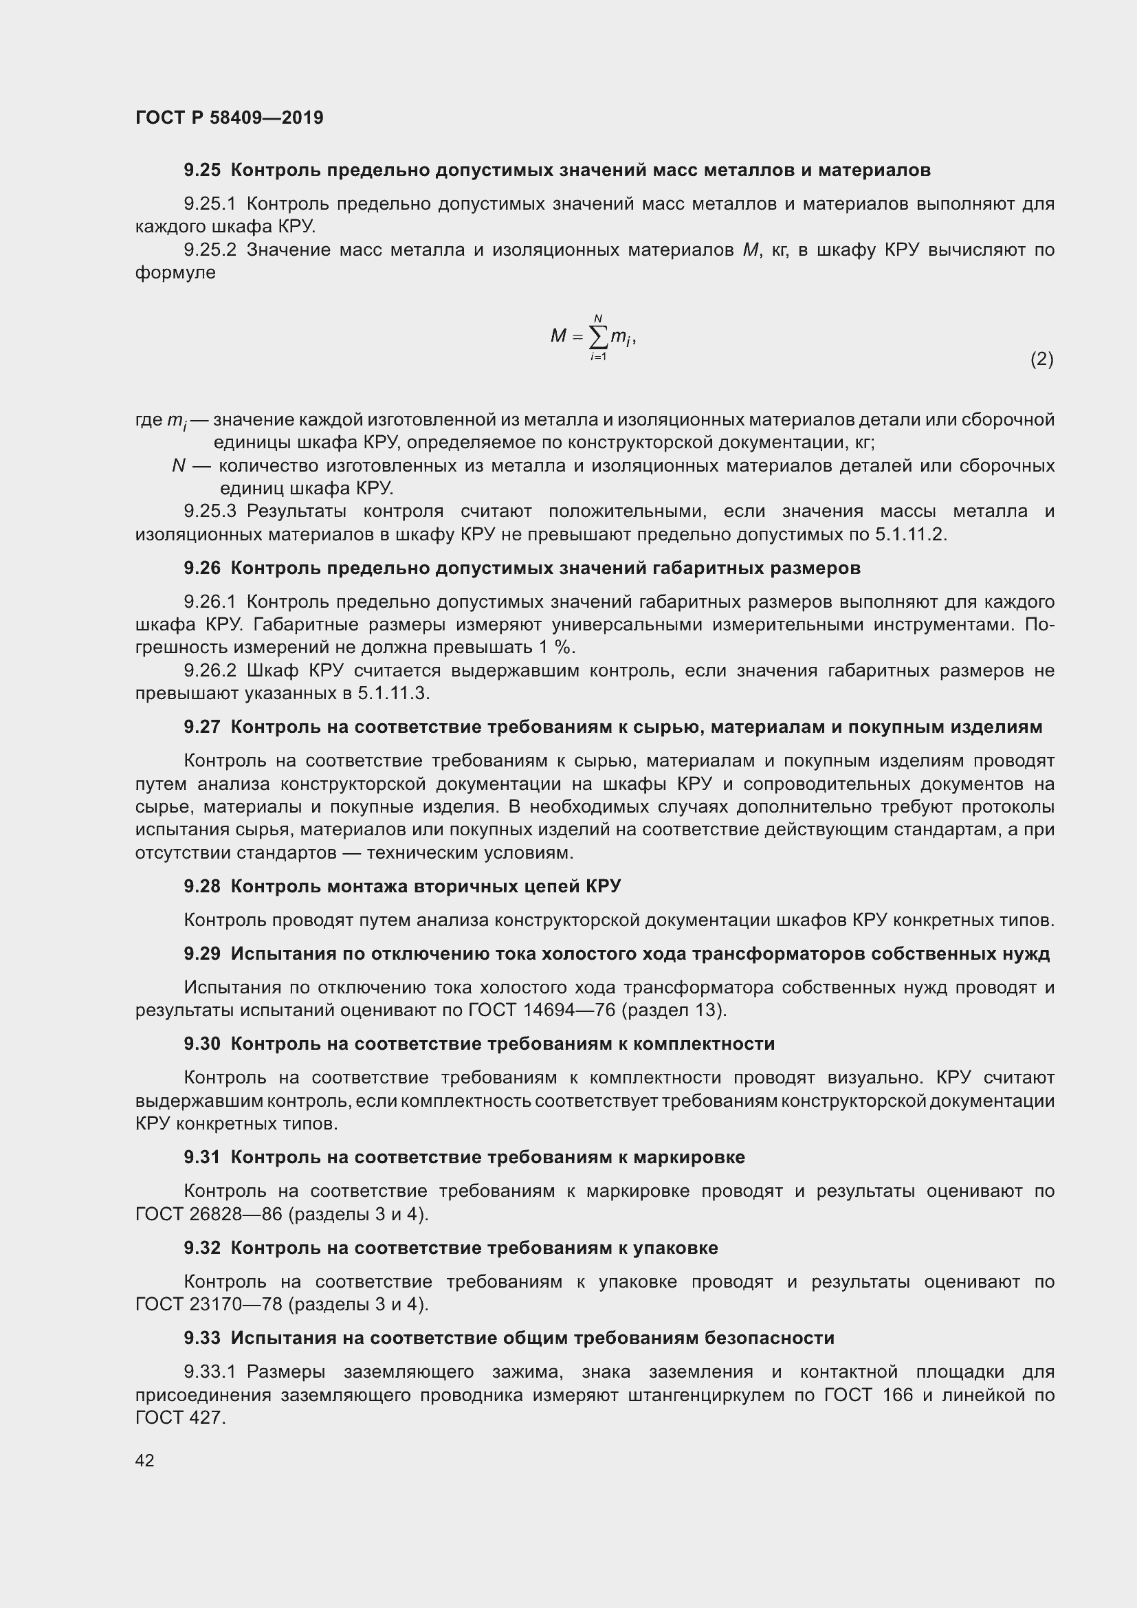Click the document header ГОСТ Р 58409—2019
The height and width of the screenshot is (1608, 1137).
click(x=229, y=118)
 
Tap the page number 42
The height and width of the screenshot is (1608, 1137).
click(x=144, y=1460)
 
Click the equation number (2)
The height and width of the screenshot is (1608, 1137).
click(x=1041, y=360)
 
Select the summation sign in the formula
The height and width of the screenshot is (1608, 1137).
click(x=598, y=338)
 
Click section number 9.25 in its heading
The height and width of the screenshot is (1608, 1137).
click(x=201, y=170)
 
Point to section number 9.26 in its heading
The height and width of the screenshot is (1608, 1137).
click(x=201, y=568)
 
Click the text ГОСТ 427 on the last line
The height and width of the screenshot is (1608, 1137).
click(x=179, y=1418)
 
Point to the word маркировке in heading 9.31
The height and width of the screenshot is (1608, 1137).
click(x=689, y=1158)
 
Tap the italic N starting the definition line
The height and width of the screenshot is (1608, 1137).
click(x=178, y=465)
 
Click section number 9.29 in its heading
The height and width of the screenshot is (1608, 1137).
click(x=201, y=954)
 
